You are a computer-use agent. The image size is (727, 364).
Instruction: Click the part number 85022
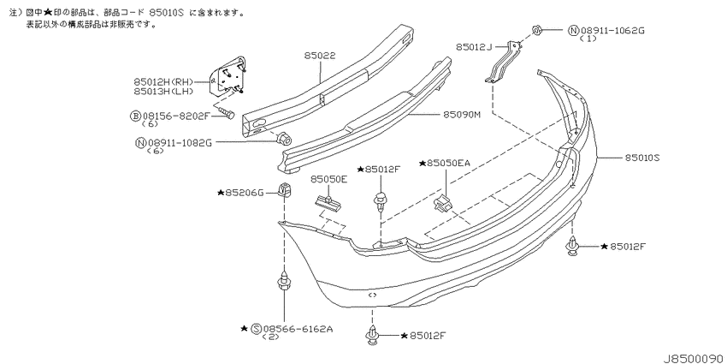click(320, 56)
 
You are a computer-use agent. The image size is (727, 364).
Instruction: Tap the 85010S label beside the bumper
click(642, 158)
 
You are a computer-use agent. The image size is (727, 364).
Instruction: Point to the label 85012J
click(473, 46)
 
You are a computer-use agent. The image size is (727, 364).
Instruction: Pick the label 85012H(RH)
click(163, 82)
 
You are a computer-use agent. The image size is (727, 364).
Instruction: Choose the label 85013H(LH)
click(163, 91)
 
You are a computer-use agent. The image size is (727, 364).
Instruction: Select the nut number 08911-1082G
click(180, 143)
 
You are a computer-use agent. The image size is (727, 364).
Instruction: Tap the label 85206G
click(244, 192)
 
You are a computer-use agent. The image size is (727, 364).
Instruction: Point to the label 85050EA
click(448, 163)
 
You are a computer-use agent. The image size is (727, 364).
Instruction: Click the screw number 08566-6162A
click(298, 329)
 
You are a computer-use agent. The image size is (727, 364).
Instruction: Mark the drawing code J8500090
click(694, 358)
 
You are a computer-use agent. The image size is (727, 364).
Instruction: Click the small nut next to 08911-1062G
click(536, 31)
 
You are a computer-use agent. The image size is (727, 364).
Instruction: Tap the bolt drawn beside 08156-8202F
click(227, 113)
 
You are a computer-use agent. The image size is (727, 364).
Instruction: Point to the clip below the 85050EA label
click(442, 202)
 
